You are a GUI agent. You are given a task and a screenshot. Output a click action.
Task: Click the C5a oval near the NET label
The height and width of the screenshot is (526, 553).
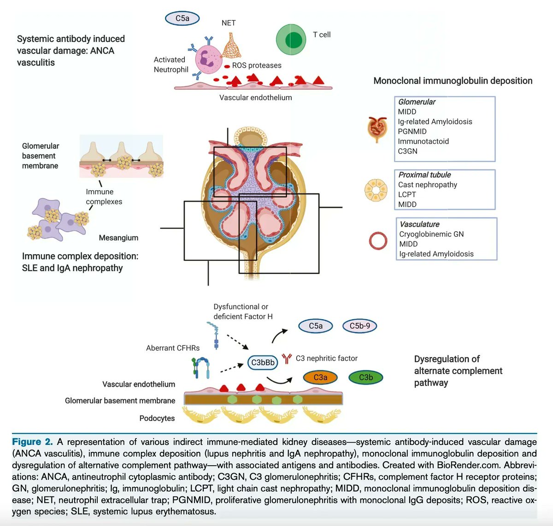182,18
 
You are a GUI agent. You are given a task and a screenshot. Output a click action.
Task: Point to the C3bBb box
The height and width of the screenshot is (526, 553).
263,362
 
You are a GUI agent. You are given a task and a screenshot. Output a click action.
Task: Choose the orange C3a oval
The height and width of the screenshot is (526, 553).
320,377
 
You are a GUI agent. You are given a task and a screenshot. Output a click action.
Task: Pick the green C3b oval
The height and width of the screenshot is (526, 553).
366,377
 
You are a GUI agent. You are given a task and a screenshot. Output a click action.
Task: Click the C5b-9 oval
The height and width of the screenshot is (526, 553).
359,326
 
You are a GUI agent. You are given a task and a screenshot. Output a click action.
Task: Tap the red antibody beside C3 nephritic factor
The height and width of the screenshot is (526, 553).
287,358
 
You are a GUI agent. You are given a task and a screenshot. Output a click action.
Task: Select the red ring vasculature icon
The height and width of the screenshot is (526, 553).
378,240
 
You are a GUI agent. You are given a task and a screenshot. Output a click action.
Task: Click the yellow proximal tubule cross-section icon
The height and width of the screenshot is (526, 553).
376,190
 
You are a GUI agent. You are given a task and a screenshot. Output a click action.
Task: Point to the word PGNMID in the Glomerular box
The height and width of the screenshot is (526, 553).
412,131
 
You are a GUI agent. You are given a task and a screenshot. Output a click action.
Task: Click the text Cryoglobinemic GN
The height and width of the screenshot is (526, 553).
431,234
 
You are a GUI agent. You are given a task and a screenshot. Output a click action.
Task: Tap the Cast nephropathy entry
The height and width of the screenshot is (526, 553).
428,185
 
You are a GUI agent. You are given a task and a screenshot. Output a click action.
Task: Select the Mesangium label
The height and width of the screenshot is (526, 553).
118,238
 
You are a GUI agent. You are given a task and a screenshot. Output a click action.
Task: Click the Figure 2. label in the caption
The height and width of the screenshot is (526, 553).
32,442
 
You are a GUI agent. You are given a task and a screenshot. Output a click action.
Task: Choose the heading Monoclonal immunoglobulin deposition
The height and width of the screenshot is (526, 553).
453,81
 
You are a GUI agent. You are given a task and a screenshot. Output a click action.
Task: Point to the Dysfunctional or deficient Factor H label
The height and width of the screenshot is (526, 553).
243,311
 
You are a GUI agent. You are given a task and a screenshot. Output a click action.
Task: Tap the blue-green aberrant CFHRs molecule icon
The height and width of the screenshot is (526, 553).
201,368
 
